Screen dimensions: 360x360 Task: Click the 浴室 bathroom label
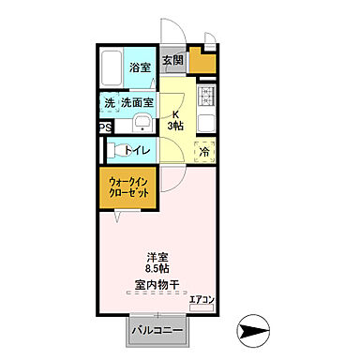tap(141, 67)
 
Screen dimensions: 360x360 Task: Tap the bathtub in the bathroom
tap(113, 67)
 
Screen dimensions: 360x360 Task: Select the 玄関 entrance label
tap(172, 62)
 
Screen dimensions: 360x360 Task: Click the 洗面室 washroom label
tap(137, 101)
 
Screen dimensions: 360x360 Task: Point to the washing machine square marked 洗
tap(109, 101)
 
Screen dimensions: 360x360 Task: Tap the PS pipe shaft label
tap(104, 128)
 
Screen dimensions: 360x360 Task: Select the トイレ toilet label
tap(138, 149)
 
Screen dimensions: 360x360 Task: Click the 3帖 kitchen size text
tap(175, 125)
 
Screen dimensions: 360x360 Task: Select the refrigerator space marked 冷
tap(204, 150)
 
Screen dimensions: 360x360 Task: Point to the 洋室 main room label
tap(157, 257)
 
